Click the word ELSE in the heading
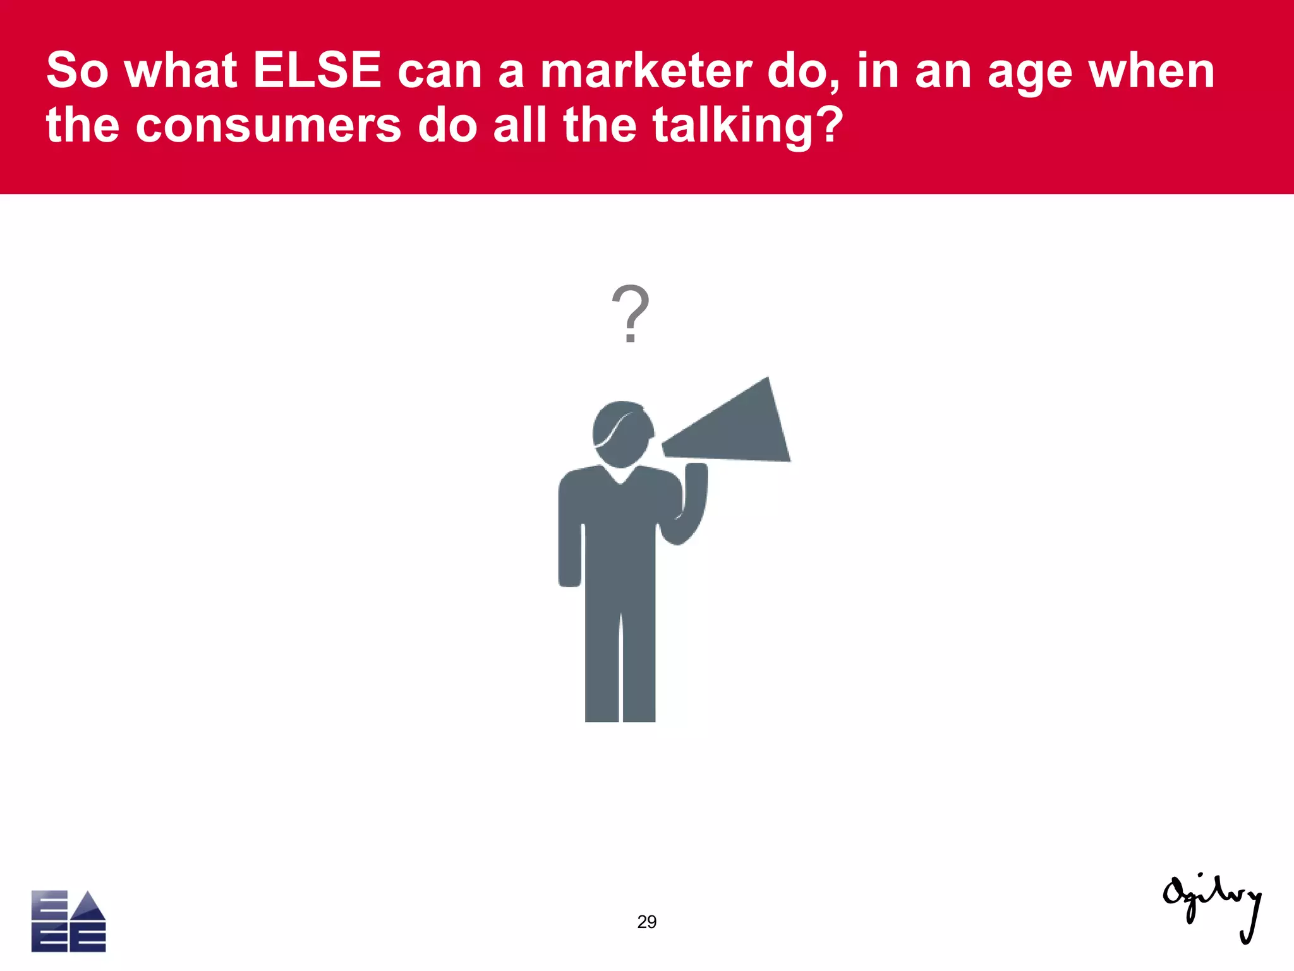click(x=317, y=71)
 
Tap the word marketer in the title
click(x=646, y=71)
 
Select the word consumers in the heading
click(x=268, y=125)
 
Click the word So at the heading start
click(x=77, y=71)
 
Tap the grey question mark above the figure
click(x=630, y=314)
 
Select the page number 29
click(x=646, y=922)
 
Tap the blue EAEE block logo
click(x=68, y=921)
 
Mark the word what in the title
click(x=181, y=71)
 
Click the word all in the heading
click(x=519, y=125)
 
